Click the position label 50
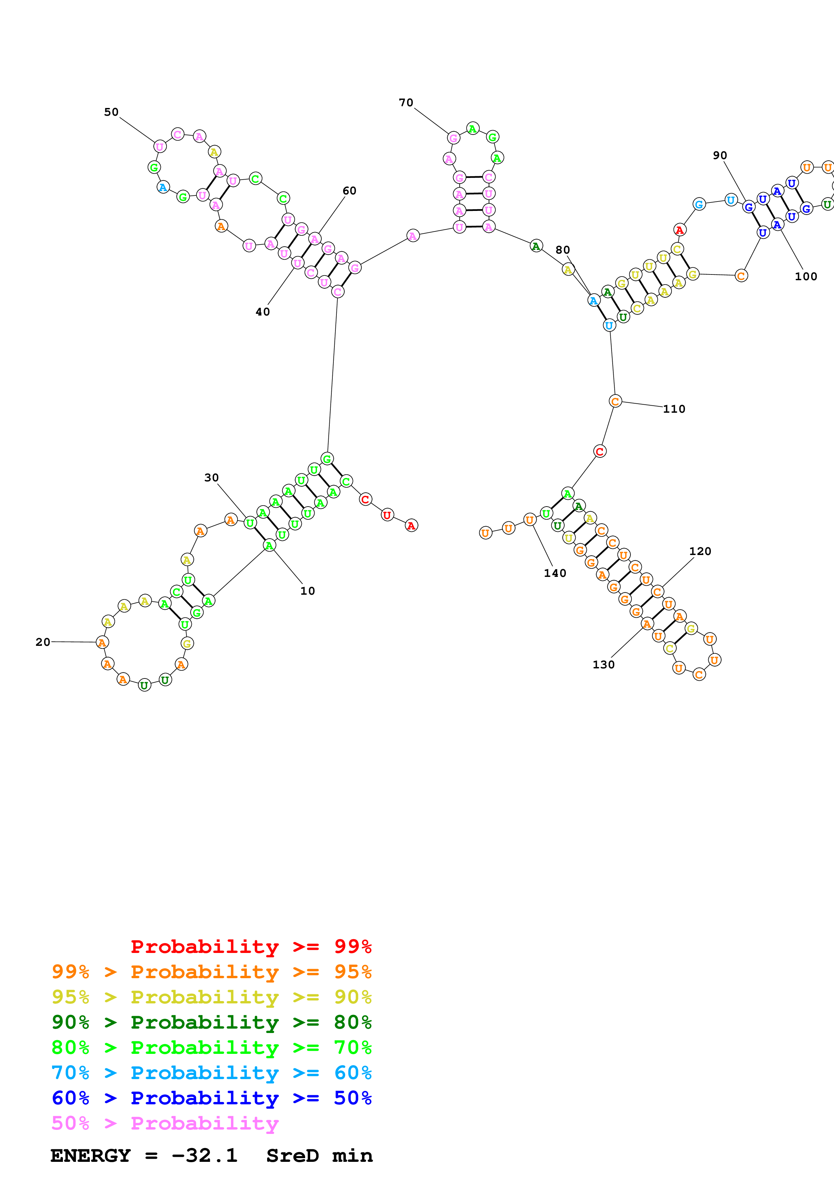(111, 112)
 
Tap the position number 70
(406, 103)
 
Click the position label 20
(43, 642)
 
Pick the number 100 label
(806, 276)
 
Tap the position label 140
(555, 573)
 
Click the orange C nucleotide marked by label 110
(615, 401)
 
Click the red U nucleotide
(387, 515)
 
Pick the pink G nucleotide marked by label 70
(453, 138)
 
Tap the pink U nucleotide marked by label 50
(160, 146)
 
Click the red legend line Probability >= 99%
(251, 947)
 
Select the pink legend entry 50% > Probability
(165, 1123)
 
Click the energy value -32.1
(205, 1156)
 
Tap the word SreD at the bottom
(292, 1156)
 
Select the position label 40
(263, 312)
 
